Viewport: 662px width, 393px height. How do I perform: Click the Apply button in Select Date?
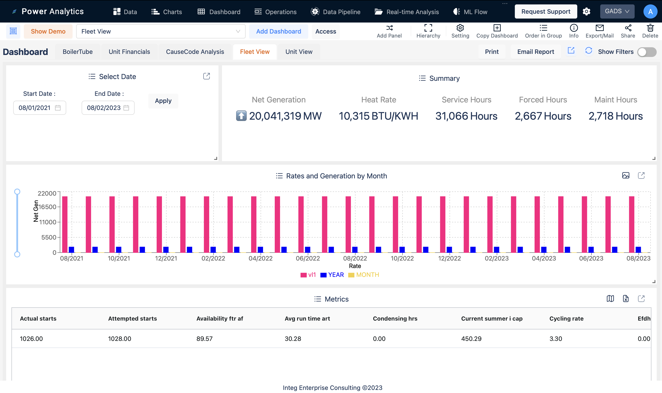coord(163,101)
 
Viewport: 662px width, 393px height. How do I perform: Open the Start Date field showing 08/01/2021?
coord(39,108)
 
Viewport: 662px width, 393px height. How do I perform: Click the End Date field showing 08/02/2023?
coord(108,108)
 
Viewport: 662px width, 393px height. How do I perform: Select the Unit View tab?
coord(299,52)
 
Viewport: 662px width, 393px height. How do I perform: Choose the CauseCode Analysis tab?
coord(195,52)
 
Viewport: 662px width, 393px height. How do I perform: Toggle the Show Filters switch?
coord(646,52)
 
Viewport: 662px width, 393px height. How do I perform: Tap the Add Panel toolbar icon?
coord(389,31)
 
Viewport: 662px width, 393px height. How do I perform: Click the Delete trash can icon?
coord(650,28)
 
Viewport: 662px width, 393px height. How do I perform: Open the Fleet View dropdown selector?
coord(160,32)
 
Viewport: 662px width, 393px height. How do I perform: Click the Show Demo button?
coord(48,32)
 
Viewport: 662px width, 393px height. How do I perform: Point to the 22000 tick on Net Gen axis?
coord(47,193)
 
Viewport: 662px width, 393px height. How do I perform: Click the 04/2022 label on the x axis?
coord(260,258)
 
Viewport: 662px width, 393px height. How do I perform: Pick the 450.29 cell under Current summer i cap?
coord(471,338)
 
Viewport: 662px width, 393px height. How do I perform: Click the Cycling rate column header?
coord(566,319)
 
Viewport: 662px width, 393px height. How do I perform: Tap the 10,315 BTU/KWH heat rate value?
coord(378,116)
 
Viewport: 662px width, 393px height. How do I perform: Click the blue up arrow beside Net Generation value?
coord(241,116)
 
